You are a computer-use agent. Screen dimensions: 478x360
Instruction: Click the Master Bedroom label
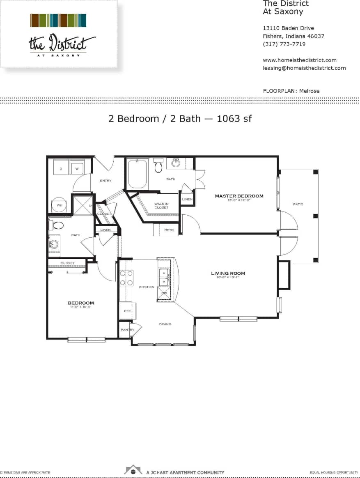tap(239, 196)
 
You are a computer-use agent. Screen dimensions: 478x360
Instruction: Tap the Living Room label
tap(228, 273)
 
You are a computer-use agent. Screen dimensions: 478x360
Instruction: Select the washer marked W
tap(77, 168)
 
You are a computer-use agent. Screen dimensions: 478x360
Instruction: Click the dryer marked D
tap(61, 168)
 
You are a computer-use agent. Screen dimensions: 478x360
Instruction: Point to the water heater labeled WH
tap(60, 205)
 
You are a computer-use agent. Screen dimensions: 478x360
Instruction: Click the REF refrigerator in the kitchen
tap(127, 311)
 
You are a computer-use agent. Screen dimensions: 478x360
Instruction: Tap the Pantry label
tap(127, 330)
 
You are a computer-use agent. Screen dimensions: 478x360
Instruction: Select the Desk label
tap(169, 230)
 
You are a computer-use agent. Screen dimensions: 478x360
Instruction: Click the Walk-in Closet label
tap(161, 205)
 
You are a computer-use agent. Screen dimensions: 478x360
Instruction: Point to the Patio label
tap(298, 204)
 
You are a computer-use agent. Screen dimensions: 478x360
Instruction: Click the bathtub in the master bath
tap(138, 175)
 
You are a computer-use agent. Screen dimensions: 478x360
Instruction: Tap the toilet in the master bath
tap(158, 166)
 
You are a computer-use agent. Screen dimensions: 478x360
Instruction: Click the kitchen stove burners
tap(126, 278)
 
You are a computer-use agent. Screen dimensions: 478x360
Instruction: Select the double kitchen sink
tap(164, 277)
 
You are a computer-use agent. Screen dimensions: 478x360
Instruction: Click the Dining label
tap(165, 324)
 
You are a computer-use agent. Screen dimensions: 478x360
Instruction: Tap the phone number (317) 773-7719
tap(284, 44)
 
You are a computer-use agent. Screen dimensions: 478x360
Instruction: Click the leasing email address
tap(304, 68)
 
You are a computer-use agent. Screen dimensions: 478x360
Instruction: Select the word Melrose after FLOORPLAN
tap(309, 91)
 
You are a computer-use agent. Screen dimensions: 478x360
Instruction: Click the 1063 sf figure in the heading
tap(234, 119)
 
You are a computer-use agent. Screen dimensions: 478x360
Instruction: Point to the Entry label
tap(106, 181)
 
